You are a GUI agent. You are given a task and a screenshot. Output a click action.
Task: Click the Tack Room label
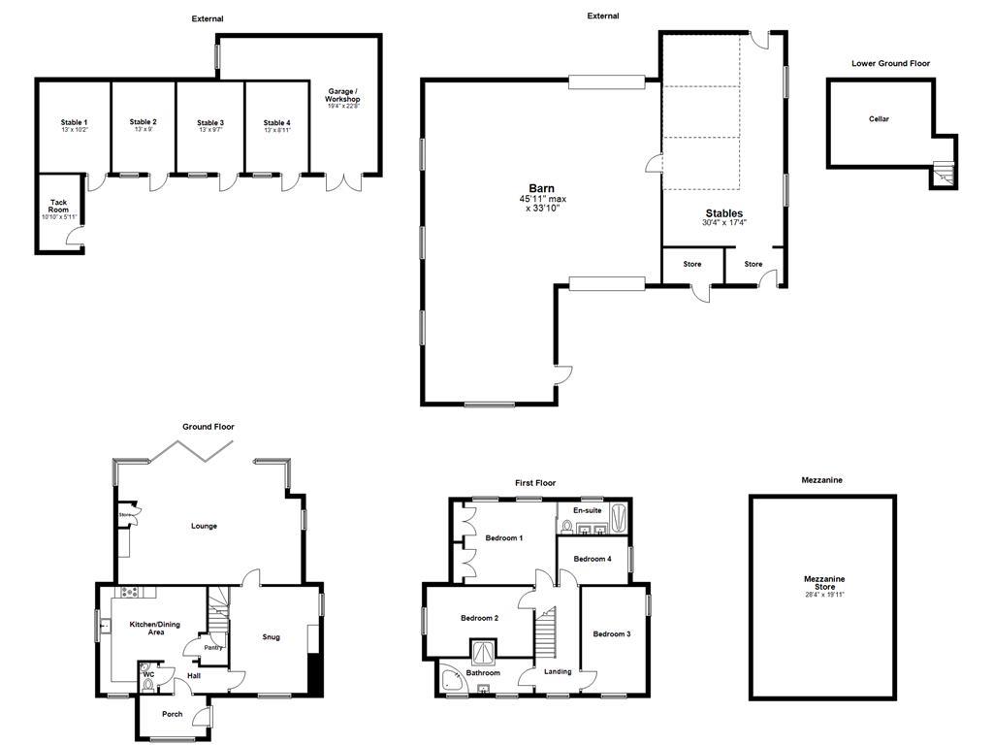pyautogui.click(x=59, y=209)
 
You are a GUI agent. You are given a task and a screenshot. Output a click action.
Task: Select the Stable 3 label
pyautogui.click(x=210, y=123)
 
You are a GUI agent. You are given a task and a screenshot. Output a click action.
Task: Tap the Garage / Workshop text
pyautogui.click(x=342, y=96)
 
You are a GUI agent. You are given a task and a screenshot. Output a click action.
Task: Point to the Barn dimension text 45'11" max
pyautogui.click(x=542, y=199)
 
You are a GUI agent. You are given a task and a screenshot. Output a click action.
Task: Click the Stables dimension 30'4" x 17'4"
pyautogui.click(x=724, y=223)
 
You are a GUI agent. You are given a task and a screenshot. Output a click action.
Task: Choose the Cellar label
pyautogui.click(x=879, y=119)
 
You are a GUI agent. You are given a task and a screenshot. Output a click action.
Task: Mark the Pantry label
pyautogui.click(x=212, y=648)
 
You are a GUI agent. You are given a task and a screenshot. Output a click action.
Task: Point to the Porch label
pyautogui.click(x=172, y=714)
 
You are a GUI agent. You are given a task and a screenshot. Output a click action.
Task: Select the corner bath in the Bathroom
pyautogui.click(x=451, y=681)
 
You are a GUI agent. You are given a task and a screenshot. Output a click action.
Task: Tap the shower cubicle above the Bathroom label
pyautogui.click(x=483, y=649)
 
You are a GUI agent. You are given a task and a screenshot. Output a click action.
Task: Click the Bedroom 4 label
pyautogui.click(x=593, y=559)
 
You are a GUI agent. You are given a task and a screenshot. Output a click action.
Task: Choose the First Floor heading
pyautogui.click(x=534, y=482)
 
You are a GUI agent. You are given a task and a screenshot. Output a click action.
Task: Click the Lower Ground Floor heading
pyautogui.click(x=890, y=63)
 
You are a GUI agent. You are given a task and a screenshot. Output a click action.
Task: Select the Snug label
pyautogui.click(x=272, y=637)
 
